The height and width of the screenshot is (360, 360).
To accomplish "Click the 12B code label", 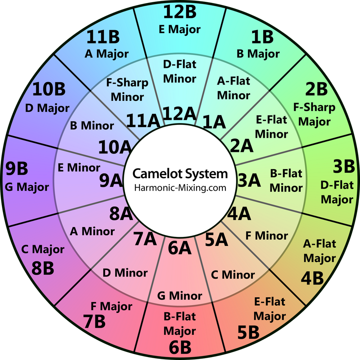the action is pos(180,12).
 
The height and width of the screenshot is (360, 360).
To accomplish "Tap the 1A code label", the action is pos(214,122).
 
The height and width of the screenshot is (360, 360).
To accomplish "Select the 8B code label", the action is pos(43,268).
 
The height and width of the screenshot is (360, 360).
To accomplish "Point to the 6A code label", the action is pos(180,248).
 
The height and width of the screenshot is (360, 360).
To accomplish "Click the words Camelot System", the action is pos(180,174).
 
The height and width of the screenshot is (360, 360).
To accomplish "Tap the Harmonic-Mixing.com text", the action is pos(180,188).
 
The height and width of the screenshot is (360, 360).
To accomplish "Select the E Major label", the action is pos(180,30).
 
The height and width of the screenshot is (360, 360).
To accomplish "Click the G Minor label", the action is pos(180,296).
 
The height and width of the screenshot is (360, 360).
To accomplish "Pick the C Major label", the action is pos(43,249).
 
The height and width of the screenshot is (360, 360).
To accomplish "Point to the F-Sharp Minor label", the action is pos(127,90).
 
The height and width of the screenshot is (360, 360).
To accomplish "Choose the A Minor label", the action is pos(92,231).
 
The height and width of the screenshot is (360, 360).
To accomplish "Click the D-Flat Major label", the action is pos(337,192).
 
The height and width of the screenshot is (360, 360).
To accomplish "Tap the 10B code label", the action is pos(49,89).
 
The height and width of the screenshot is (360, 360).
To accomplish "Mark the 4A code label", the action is pos(239,214).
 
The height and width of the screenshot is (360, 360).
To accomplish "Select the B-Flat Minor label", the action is pos(286,181).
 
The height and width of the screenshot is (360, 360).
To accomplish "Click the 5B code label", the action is pos(248,332).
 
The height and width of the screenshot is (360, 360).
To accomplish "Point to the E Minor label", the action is pos(79,168).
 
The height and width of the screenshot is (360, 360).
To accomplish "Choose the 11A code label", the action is pos(143,121).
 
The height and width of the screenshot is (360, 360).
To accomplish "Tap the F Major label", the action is pos(111,306).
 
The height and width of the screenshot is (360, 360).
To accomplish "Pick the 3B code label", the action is pos(344,166).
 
